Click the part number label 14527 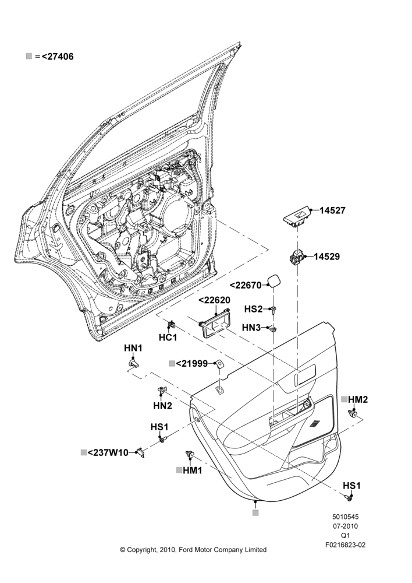coord(333,210)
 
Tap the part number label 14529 coord(326,257)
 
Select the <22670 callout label coord(246,285)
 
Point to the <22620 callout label coord(214,300)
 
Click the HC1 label coord(168,337)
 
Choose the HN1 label coord(133,348)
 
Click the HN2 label coord(162,405)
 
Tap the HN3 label coord(251,328)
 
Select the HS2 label coord(253,309)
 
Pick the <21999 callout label coord(191,364)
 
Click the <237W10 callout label coord(108,452)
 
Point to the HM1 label coord(193,470)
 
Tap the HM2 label coord(358,399)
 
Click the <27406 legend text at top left coord(58,57)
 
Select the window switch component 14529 coord(297,257)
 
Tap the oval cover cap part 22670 coord(274,282)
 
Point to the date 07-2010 coord(345,526)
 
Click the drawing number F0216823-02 coord(345,545)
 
